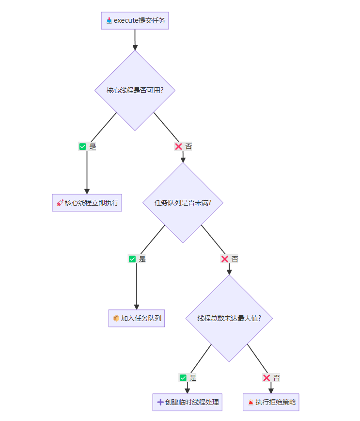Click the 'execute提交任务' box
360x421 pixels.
[x=135, y=21]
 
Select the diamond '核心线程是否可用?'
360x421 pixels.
[x=135, y=90]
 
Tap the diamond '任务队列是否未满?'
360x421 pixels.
[x=183, y=203]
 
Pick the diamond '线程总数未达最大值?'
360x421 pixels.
[x=229, y=318]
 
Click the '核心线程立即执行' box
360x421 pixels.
[x=87, y=203]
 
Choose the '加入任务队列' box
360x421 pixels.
[x=137, y=318]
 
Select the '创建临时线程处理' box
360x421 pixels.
[x=187, y=402]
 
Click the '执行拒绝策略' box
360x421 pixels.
[x=271, y=402]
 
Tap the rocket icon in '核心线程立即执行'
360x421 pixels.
[x=60, y=203]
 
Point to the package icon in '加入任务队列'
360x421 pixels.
[x=116, y=318]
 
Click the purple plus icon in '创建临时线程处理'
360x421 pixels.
[x=160, y=402]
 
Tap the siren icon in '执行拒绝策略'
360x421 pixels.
[x=250, y=402]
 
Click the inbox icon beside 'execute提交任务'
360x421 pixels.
[x=109, y=21]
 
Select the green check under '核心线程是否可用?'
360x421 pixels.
[x=82, y=146]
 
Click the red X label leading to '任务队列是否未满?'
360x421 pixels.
[x=178, y=146]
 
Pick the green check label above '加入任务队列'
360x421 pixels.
[x=132, y=259]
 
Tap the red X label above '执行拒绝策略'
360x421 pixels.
[x=266, y=378]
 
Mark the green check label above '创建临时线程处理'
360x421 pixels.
[x=183, y=378]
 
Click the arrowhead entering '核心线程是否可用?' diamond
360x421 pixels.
[x=135, y=47]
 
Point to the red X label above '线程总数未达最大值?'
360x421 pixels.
[x=225, y=259]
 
